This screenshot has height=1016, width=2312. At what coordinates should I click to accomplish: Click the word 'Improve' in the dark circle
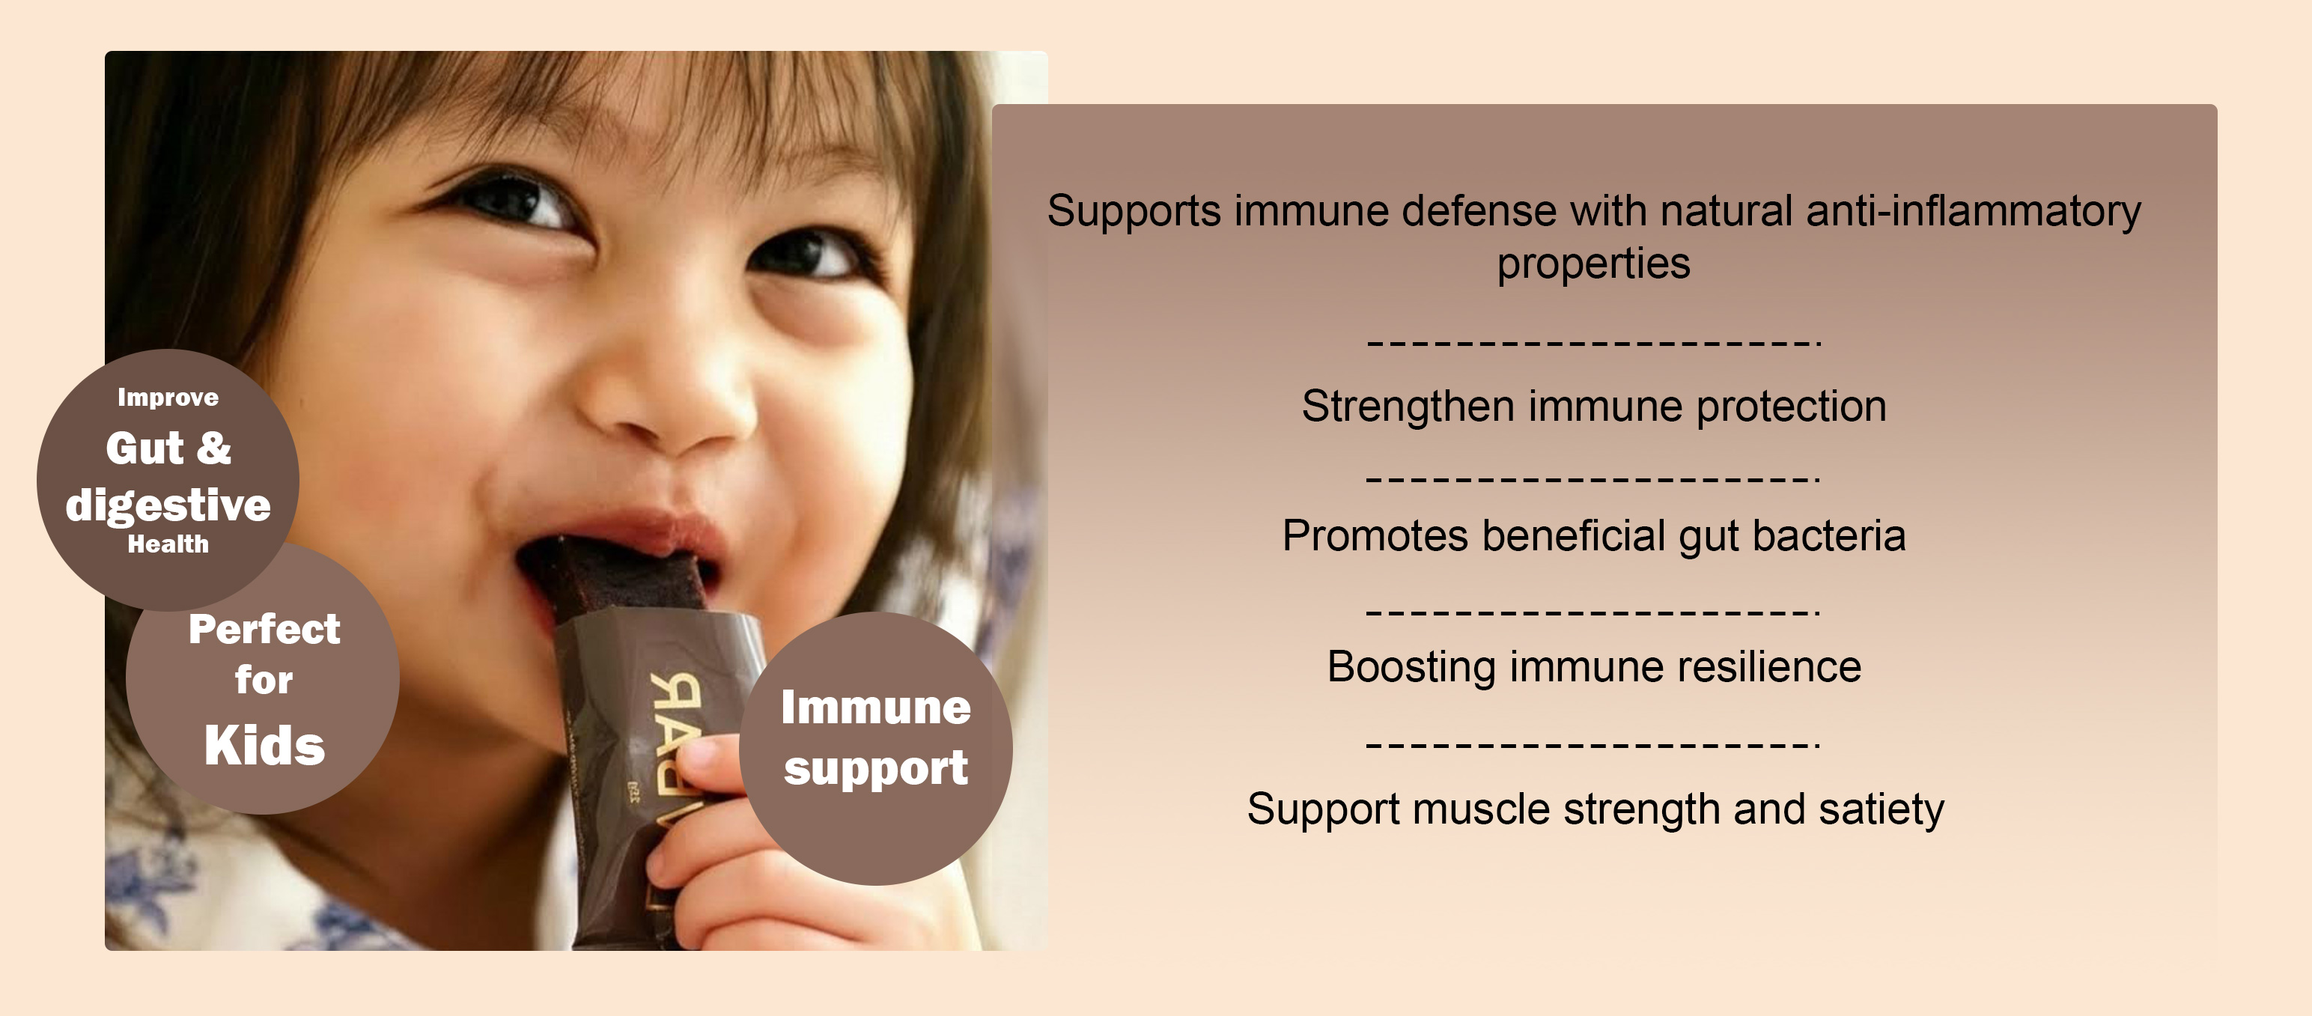pos(168,398)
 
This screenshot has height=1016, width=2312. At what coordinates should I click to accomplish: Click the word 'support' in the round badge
pos(876,769)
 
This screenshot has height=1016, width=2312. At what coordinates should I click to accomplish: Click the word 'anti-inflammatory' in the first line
pos(1973,212)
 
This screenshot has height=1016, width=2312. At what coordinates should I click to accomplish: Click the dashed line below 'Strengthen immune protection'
pos(1592,478)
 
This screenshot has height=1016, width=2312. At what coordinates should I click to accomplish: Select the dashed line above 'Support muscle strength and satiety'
pos(1592,744)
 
